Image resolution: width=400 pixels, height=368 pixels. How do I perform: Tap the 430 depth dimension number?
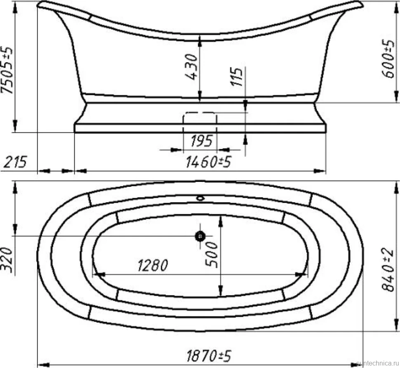[191, 66]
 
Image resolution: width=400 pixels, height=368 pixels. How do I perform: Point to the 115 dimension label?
[236, 77]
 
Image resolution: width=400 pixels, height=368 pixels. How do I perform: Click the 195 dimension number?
[202, 141]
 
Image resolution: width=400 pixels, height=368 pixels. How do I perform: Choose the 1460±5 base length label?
[208, 162]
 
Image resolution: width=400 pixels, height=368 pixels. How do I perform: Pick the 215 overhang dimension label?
[15, 162]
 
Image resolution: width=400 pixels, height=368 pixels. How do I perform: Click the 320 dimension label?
[7, 260]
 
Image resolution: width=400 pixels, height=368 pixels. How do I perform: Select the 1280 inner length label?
[153, 265]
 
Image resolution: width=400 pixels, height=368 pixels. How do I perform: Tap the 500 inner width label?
[212, 255]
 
